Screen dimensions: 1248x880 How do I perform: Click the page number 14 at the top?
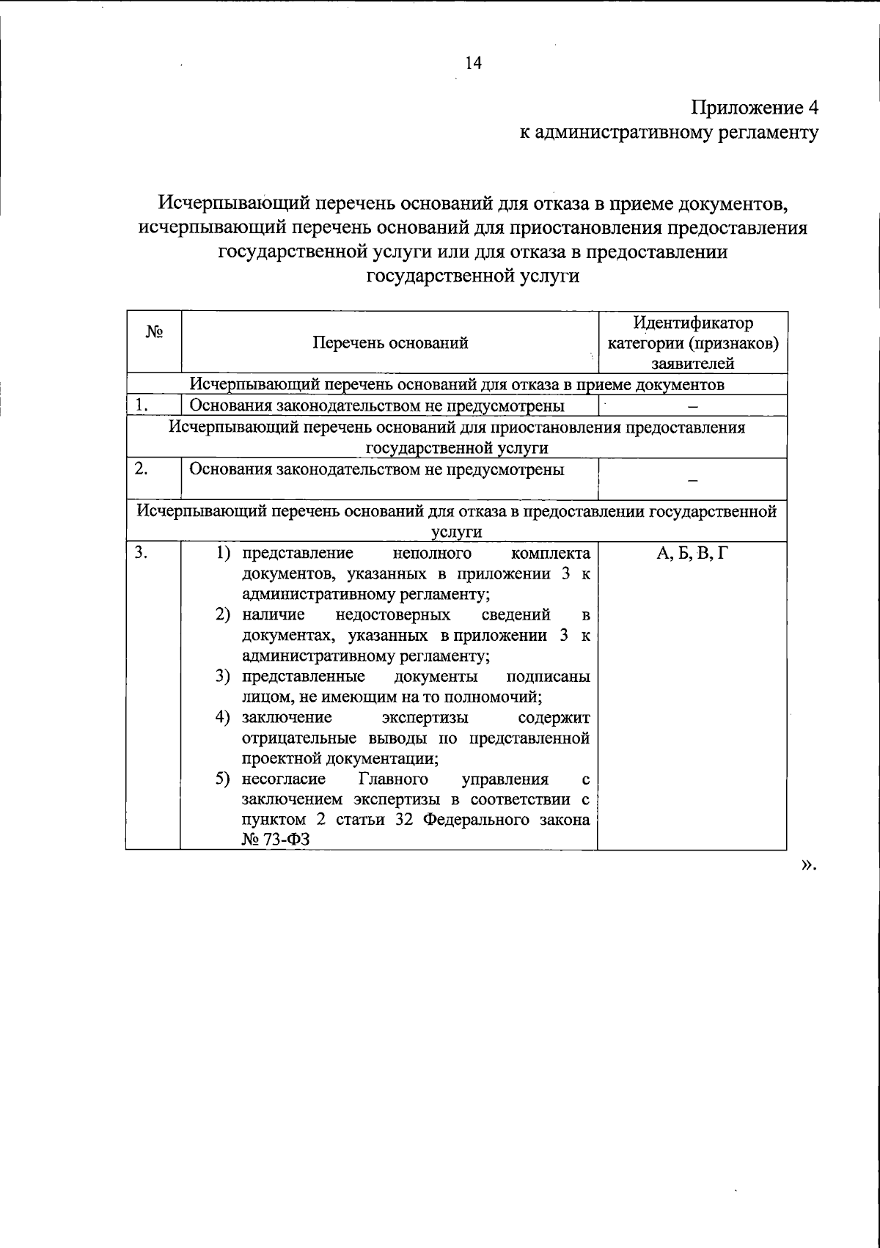473,63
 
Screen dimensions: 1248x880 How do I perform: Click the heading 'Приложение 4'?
754,107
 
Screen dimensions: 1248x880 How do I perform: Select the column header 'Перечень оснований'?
390,342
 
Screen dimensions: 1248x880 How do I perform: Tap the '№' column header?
153,331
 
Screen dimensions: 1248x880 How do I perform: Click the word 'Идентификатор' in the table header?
693,323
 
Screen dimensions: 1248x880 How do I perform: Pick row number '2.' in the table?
142,468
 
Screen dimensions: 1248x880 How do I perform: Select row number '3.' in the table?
142,551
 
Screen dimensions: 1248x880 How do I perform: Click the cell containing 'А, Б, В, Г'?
692,552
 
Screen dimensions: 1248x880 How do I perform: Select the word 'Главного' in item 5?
395,779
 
